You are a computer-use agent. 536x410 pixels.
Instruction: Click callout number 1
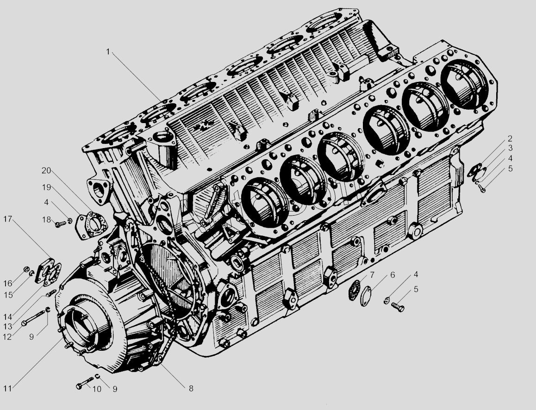(108, 52)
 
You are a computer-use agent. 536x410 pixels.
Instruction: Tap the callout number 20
(46, 170)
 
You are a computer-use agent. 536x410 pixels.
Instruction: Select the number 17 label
(7, 219)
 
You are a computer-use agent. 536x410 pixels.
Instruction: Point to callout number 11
(7, 388)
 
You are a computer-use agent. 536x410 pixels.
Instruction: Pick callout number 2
(510, 138)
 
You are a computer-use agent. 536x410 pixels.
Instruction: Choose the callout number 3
(510, 148)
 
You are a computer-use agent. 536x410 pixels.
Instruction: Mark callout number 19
(46, 187)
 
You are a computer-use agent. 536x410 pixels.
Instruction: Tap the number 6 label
(393, 275)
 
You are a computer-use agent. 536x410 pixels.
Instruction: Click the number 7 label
(372, 275)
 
